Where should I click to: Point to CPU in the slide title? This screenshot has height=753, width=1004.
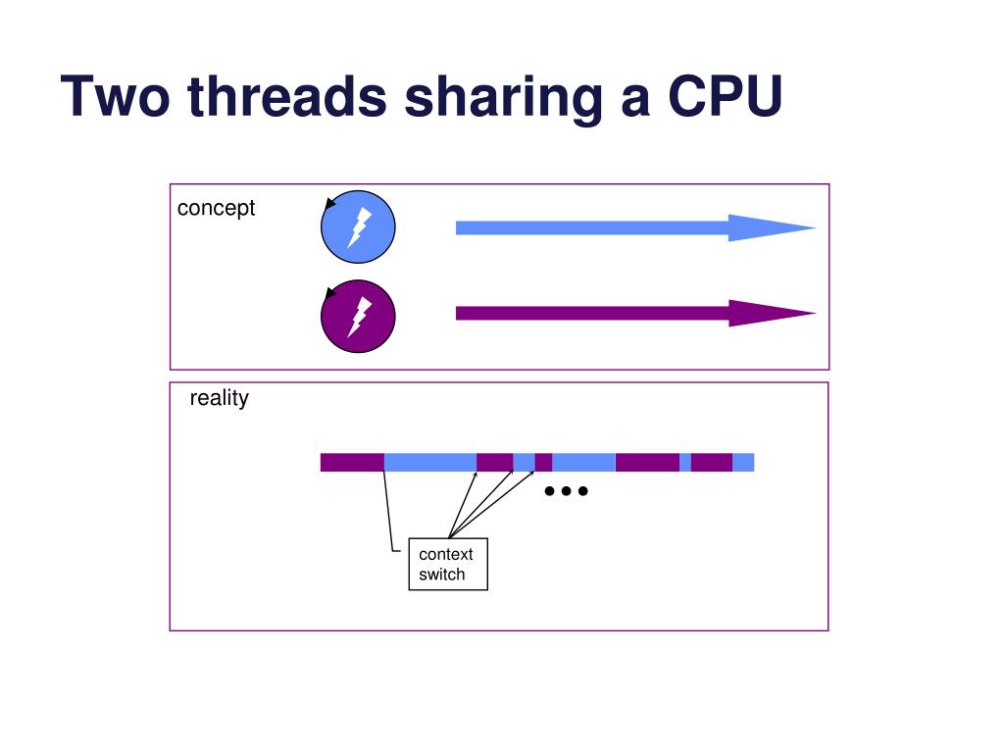(726, 96)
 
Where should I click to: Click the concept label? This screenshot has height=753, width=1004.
(216, 208)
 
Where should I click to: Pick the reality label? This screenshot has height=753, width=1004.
(219, 398)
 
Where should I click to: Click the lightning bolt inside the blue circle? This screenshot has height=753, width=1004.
(359, 227)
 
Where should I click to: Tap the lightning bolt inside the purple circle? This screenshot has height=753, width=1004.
(359, 316)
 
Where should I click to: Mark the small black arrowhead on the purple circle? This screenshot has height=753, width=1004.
(330, 292)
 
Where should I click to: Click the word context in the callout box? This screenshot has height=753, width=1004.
(446, 554)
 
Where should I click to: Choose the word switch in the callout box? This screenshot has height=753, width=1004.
(442, 575)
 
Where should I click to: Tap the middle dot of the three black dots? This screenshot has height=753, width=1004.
(566, 490)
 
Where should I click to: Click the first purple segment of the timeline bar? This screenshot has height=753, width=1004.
(352, 462)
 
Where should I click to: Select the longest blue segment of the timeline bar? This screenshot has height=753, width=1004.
(429, 462)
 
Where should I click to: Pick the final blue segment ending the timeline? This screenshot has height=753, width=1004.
(743, 462)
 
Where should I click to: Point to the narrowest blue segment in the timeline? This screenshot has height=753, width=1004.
(685, 462)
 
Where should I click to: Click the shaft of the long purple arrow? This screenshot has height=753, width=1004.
(588, 314)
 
